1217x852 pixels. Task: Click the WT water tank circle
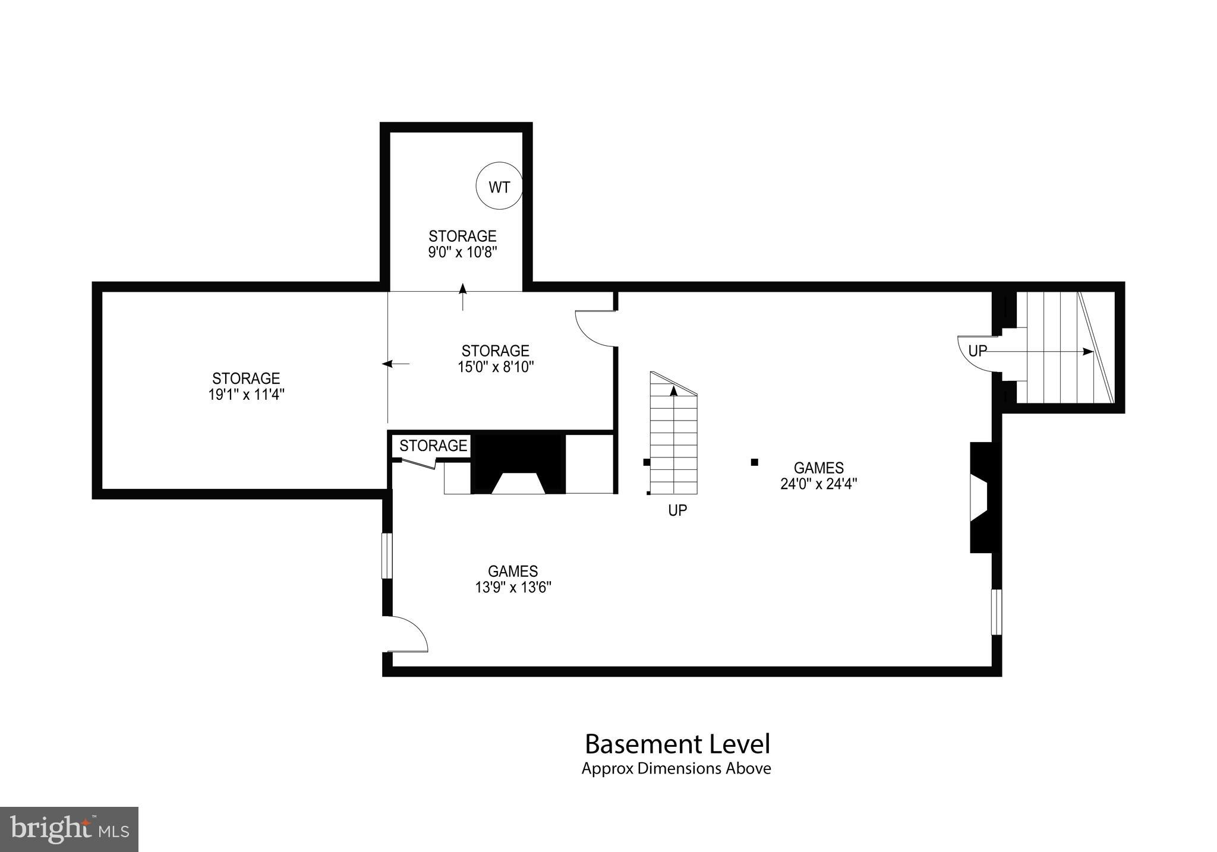point(499,187)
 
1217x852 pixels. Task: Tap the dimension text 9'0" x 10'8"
point(462,252)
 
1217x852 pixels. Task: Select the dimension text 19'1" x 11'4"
point(246,395)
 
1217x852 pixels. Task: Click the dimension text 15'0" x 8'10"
point(496,367)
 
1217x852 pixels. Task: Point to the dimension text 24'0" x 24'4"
point(818,484)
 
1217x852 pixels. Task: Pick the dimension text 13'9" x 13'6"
point(513,588)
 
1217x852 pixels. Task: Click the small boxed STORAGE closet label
point(433,446)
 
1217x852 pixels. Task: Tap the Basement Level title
point(677,744)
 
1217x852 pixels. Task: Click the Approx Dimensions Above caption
point(676,769)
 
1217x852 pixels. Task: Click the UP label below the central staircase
point(677,510)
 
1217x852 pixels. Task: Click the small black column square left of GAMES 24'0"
point(755,462)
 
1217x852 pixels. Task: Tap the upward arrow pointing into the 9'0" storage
point(463,296)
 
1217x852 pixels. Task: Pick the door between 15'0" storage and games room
point(594,329)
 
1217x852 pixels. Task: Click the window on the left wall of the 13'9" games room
point(387,556)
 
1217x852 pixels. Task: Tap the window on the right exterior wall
point(997,612)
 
